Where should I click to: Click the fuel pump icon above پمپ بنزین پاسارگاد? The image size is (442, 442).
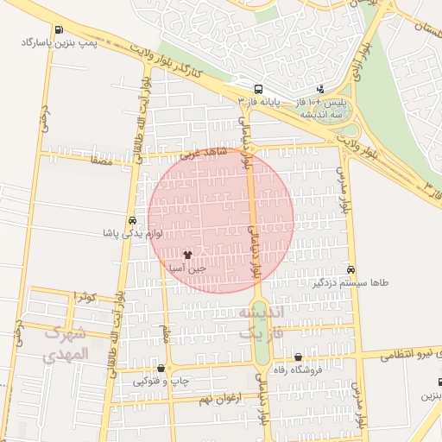58,29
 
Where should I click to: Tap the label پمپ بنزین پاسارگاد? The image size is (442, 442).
59,41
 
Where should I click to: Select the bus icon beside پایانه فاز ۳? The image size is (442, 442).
258,89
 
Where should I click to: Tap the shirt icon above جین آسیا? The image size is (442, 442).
188,256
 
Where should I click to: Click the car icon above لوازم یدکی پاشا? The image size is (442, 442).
131,220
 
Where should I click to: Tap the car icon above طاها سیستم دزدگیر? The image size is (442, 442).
350,270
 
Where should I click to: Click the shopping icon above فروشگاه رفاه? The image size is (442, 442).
298,357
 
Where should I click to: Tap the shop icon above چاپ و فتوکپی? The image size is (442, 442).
161,369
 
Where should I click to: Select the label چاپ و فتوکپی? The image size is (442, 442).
161,381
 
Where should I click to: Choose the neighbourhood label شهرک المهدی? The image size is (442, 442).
64,344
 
